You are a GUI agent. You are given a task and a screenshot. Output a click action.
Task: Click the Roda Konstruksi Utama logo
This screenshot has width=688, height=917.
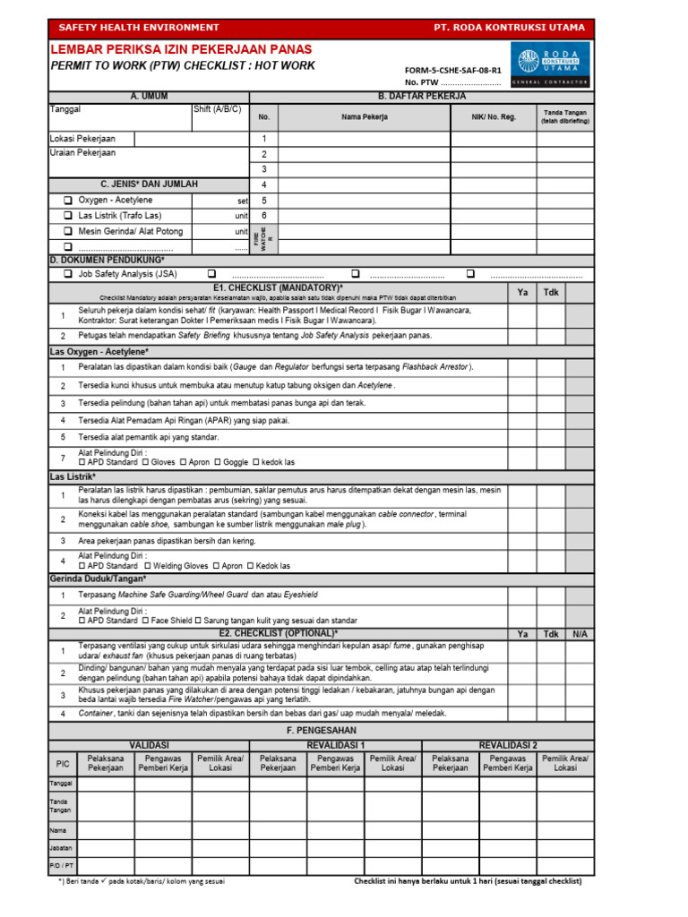550,65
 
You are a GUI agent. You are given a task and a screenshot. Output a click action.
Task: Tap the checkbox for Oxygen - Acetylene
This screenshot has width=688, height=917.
67,201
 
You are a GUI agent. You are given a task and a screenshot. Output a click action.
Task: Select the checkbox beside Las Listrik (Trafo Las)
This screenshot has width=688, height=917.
67,216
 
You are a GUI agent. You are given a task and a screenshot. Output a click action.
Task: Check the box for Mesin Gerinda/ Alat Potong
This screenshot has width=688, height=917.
67,231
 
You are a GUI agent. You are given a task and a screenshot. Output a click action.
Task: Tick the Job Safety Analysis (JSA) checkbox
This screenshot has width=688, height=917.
67,274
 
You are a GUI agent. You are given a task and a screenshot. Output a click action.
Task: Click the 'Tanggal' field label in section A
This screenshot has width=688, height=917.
65,109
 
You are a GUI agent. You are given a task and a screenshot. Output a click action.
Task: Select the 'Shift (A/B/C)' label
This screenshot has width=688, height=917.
218,109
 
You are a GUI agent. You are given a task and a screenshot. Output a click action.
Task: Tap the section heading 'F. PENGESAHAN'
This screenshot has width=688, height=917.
321,732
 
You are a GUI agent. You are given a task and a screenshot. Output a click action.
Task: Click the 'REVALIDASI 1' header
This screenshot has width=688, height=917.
335,745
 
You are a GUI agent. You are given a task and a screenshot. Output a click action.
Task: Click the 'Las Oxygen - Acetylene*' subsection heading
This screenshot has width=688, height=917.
98,352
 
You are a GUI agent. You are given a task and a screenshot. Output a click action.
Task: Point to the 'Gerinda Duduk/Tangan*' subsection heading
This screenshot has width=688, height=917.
97,579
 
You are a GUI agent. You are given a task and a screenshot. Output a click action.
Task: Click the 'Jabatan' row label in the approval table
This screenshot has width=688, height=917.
62,847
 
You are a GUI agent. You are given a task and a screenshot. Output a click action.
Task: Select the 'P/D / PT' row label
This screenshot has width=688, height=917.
62,867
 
